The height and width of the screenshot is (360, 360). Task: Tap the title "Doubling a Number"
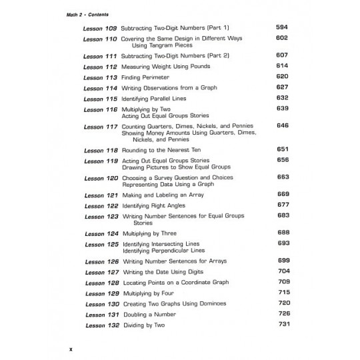click(150, 315)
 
